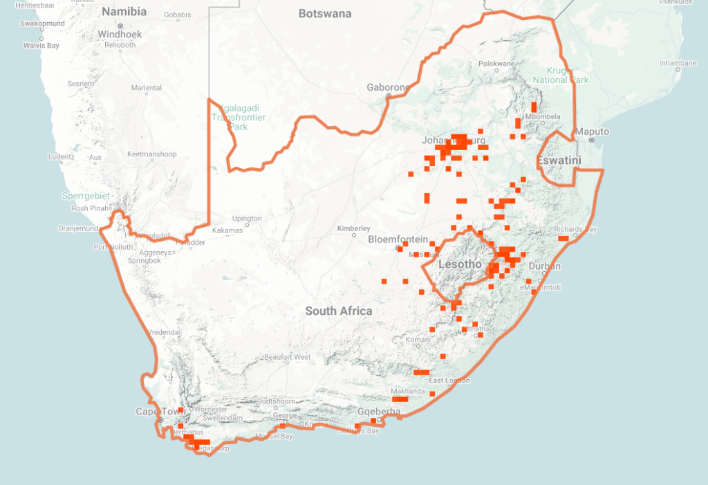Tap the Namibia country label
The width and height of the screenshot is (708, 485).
coord(124,12)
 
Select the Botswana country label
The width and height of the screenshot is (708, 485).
coord(325,14)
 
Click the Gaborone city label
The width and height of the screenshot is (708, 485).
coord(388,88)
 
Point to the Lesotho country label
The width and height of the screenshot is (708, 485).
coord(460,264)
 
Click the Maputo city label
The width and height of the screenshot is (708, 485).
coord(593,131)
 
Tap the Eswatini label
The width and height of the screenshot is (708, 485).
coord(559,161)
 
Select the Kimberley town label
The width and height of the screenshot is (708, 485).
coord(353,228)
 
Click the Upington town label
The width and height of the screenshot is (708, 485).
coord(247,219)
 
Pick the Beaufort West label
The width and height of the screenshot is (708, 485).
coord(287,357)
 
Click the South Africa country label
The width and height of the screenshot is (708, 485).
coord(339,311)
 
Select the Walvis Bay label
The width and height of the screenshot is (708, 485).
coord(41,46)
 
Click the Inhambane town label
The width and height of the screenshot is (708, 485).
coord(678,63)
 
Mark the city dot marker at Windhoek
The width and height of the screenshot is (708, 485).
coord(120,26)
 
